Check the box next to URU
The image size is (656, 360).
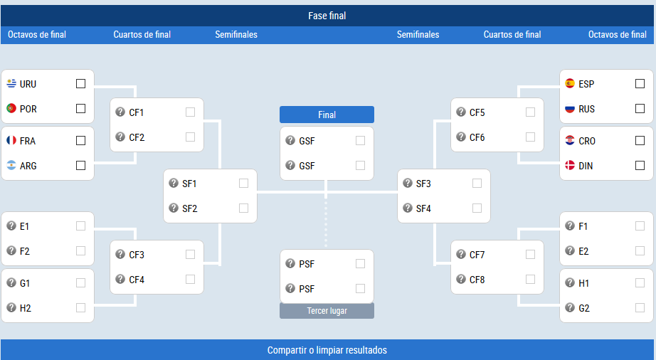pyautogui.click(x=80, y=84)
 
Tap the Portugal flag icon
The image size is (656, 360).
pyautogui.click(x=11, y=108)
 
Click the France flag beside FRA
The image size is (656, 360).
pyautogui.click(x=11, y=140)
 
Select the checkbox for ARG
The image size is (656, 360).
pyautogui.click(x=80, y=166)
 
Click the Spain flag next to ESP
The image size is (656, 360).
pyautogui.click(x=570, y=83)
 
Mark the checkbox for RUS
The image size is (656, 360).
pyautogui.click(x=640, y=108)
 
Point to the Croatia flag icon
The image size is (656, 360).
pyautogui.click(x=570, y=140)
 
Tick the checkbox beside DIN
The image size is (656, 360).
pyautogui.click(x=640, y=166)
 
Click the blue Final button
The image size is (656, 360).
pyautogui.click(x=327, y=115)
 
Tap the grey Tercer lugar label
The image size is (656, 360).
pyautogui.click(x=327, y=311)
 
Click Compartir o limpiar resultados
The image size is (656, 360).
pyautogui.click(x=327, y=350)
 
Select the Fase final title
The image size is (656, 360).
pyautogui.click(x=327, y=16)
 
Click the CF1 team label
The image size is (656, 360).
pyautogui.click(x=137, y=112)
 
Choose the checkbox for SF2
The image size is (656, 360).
pyautogui.click(x=243, y=208)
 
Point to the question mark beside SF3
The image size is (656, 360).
pyautogui.click(x=408, y=183)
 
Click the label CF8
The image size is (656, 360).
pyautogui.click(x=477, y=280)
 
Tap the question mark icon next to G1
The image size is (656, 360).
pyautogui.click(x=11, y=282)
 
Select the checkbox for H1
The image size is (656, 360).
pyautogui.click(x=640, y=283)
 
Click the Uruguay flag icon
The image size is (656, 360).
pyautogui.click(x=11, y=83)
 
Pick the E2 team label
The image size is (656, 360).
pyautogui.click(x=583, y=251)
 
